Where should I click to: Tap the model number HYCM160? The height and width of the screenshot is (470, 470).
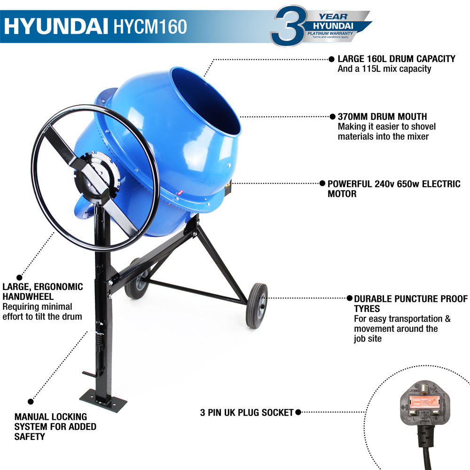coord(150,27)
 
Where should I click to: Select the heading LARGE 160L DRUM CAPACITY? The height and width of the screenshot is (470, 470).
coord(396,59)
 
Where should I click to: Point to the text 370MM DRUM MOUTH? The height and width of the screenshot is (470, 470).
coord(382,117)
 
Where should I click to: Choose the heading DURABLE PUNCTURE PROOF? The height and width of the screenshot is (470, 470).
coord(410,298)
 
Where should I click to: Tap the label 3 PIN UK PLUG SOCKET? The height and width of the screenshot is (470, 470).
coord(246,412)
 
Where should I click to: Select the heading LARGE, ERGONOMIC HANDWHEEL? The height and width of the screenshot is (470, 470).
coord(42,291)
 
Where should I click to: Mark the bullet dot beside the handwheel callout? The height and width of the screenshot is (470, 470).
coord(19,277)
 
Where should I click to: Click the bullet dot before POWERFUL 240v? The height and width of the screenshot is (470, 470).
coord(322,184)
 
